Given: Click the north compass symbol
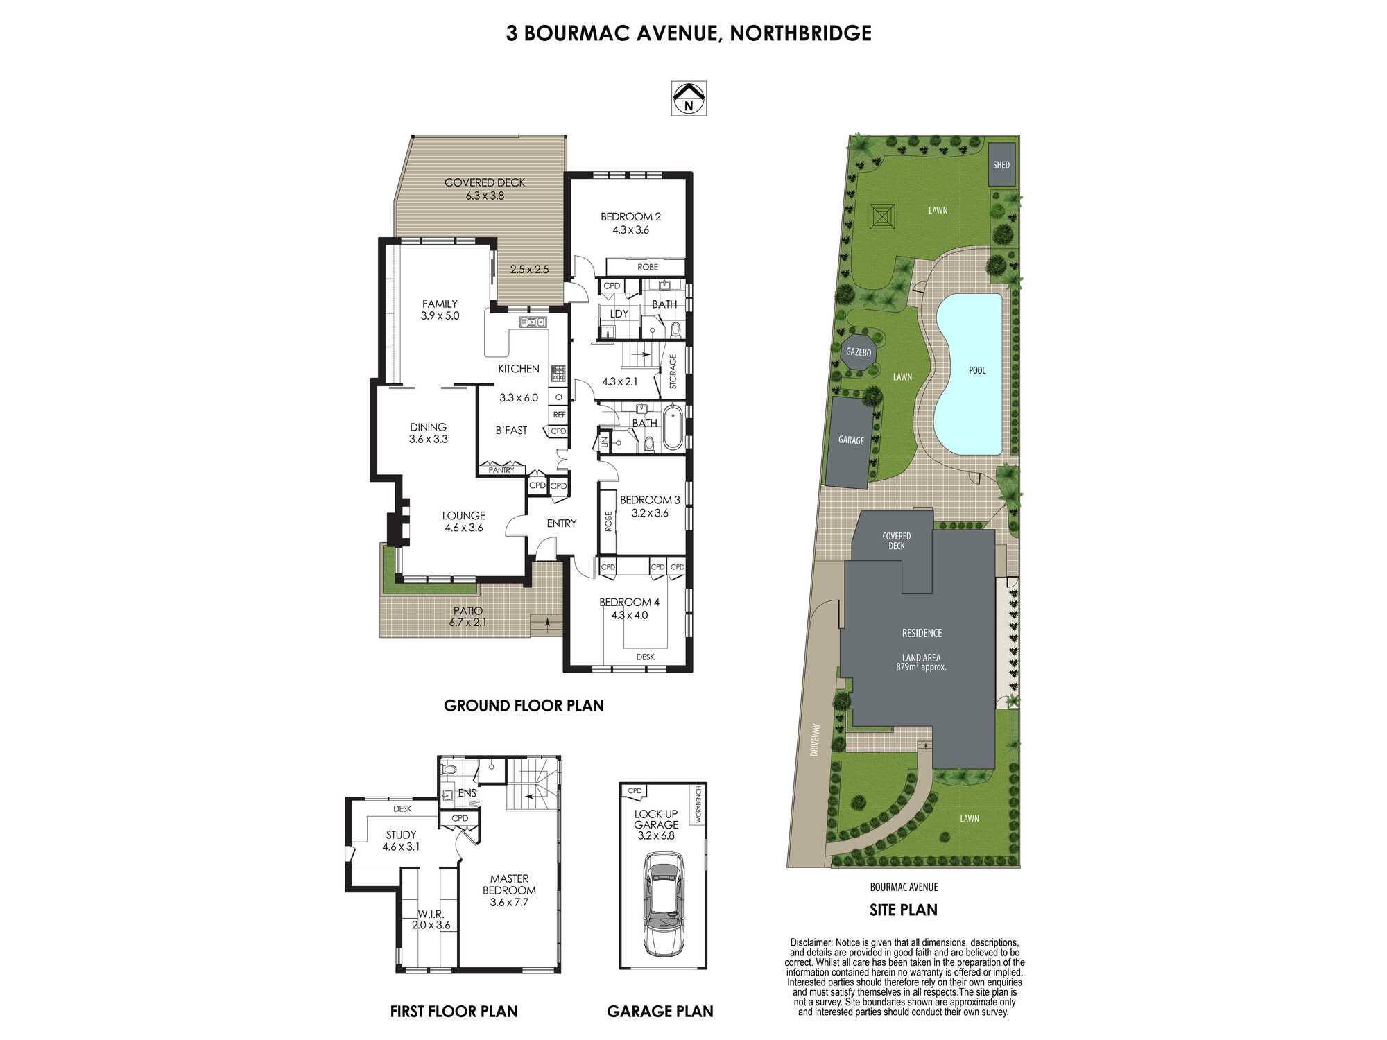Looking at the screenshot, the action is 689,98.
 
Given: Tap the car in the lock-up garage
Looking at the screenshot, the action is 664,905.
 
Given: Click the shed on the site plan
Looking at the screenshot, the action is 1001,164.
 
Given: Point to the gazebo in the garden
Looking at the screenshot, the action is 859,352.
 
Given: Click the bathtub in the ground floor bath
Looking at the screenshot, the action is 672,428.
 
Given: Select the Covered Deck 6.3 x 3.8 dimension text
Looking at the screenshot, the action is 485,196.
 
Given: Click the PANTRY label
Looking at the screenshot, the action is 501,470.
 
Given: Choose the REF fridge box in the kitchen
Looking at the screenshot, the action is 559,415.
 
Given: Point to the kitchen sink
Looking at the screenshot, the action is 533,322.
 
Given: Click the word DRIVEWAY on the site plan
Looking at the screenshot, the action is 816,740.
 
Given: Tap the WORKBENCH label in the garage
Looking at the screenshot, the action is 698,804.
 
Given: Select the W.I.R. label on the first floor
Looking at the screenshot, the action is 431,915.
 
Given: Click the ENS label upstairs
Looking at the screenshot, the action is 467,793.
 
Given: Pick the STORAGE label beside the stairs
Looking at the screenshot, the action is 673,372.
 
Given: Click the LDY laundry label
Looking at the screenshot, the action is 619,314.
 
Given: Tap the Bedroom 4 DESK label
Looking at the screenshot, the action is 645,657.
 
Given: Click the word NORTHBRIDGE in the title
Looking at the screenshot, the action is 800,33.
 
